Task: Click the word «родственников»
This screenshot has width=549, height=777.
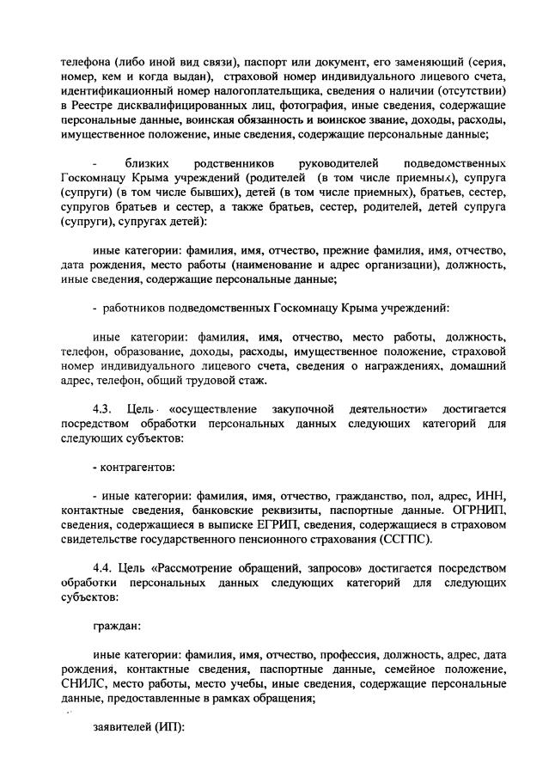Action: [x=232, y=163]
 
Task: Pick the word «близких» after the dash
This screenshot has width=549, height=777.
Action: [x=147, y=163]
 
